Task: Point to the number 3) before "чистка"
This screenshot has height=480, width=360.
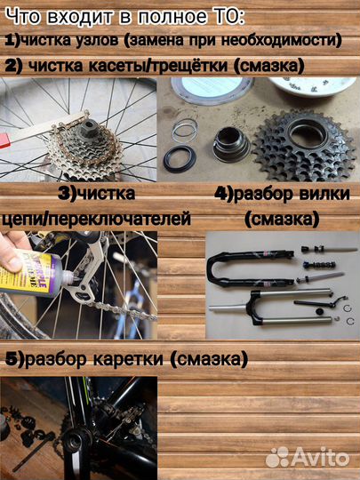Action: point(68,192)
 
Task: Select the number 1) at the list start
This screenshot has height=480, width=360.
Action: point(13,40)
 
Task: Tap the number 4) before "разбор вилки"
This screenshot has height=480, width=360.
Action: point(224,194)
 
